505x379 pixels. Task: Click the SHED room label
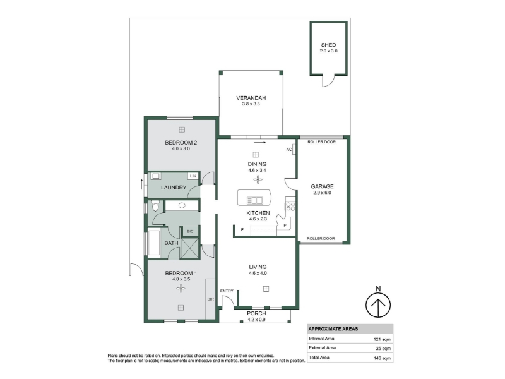(328, 45)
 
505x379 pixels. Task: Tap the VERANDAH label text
(251, 98)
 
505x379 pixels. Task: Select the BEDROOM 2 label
(181, 143)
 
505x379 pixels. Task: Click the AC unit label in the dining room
(289, 150)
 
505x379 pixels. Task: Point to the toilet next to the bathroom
(155, 206)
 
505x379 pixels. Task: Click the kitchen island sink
(254, 201)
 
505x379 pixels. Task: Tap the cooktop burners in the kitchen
(290, 207)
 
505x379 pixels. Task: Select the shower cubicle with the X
(190, 248)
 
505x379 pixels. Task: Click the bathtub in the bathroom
(153, 243)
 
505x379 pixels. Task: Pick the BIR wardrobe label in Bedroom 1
(210, 299)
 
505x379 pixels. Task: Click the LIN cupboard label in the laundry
(193, 176)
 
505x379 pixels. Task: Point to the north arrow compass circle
(378, 304)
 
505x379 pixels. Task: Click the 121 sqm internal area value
(382, 339)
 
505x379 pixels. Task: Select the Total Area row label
(319, 358)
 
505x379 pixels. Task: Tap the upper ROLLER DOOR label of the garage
(321, 142)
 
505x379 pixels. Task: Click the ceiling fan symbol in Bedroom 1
(181, 289)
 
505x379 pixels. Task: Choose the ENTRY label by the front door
(227, 291)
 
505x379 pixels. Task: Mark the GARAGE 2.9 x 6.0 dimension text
(322, 193)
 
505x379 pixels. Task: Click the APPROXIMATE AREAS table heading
(333, 329)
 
